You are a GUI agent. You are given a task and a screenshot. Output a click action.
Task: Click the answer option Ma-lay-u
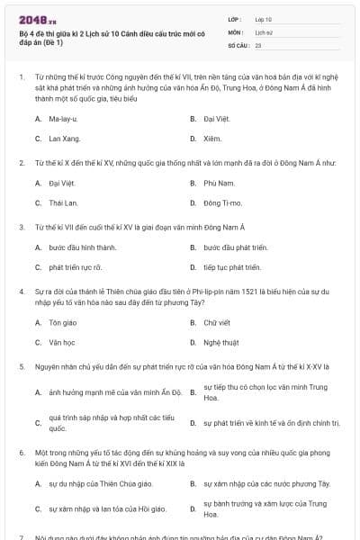(x=63, y=118)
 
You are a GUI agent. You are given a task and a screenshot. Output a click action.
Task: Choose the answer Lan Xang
(x=64, y=139)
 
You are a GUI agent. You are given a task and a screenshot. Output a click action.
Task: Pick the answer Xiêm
(x=211, y=139)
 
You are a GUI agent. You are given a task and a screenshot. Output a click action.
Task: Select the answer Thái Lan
(x=64, y=203)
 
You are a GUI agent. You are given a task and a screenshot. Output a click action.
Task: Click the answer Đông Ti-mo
(x=223, y=203)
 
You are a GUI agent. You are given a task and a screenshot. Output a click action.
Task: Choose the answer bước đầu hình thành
(x=83, y=247)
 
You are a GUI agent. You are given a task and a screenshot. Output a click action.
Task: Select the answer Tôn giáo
(x=63, y=321)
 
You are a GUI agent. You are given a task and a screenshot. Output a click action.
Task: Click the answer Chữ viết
(x=217, y=321)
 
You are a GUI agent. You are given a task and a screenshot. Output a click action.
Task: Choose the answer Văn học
(x=62, y=342)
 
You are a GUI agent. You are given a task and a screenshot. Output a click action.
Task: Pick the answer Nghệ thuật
(x=221, y=342)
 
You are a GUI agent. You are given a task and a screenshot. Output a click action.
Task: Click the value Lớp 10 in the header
(x=263, y=18)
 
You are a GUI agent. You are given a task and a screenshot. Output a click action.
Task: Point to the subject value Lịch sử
(x=263, y=31)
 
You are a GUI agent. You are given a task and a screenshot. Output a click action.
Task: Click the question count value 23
(x=258, y=44)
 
